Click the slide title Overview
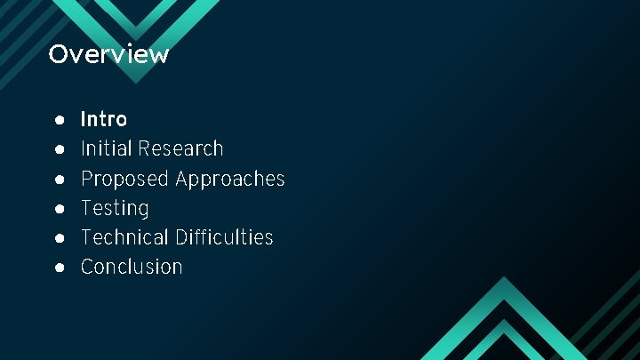click(108, 54)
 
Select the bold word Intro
click(104, 119)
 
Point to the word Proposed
click(124, 179)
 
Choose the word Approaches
click(230, 179)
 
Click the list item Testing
click(115, 208)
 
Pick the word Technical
click(124, 237)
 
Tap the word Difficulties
click(224, 237)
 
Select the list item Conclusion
click(132, 267)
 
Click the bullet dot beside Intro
click(58, 119)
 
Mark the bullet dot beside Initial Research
click(58, 148)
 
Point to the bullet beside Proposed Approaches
click(58, 179)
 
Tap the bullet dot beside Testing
click(58, 208)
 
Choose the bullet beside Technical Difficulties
click(58, 237)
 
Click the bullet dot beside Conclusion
click(58, 267)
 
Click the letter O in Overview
click(58, 54)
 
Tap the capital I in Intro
click(84, 119)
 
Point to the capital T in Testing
click(87, 208)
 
